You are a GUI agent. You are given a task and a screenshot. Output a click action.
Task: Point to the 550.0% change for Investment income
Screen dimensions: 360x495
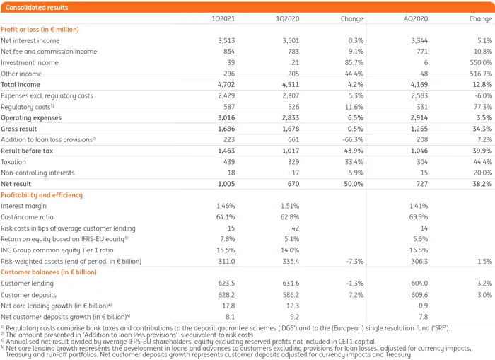(x=479, y=63)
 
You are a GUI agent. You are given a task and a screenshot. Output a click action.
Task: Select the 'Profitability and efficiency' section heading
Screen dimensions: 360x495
(x=42, y=194)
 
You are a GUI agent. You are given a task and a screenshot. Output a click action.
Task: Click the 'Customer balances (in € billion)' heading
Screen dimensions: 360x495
(x=49, y=272)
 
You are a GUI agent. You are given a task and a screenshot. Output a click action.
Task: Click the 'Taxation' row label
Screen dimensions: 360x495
(x=14, y=161)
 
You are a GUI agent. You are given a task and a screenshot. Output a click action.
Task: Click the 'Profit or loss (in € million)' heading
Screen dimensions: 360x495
(x=40, y=30)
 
